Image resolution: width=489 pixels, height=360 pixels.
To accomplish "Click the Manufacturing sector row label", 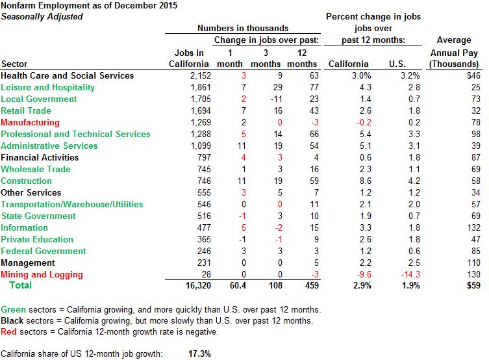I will point(30,122).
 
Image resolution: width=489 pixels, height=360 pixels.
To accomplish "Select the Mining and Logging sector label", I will point(38,274).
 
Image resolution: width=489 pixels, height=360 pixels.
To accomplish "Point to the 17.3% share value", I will point(199,354).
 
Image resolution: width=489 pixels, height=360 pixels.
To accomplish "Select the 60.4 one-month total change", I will point(236,286).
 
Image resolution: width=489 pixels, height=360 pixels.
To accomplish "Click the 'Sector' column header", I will point(14,64).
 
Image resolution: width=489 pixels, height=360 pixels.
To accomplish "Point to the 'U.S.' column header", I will point(396,64).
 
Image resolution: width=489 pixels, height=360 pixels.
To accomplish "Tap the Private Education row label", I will point(37,239).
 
